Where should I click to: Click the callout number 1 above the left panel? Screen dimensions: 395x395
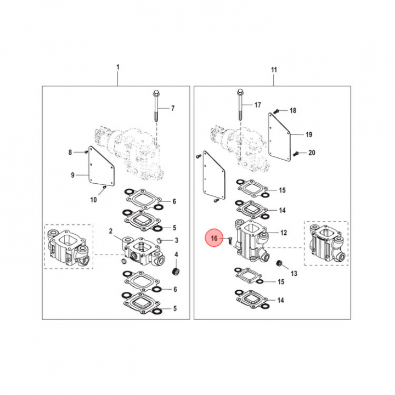(117, 67)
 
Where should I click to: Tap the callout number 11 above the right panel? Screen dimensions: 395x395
(274, 70)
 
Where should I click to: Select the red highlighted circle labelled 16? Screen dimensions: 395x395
(214, 238)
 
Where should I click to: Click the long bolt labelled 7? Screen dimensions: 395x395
(156, 106)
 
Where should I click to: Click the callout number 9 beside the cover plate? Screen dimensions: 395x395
(72, 175)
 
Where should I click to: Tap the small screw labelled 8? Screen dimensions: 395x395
(86, 152)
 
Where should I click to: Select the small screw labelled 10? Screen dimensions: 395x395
(105, 187)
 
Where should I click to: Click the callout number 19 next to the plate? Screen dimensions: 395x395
(309, 135)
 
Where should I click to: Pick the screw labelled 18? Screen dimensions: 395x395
(276, 111)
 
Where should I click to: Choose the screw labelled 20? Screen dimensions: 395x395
(296, 153)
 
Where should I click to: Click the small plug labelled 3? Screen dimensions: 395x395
(159, 240)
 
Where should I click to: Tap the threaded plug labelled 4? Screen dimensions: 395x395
(176, 272)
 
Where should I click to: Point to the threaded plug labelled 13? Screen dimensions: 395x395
(279, 263)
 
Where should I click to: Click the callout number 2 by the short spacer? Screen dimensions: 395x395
(111, 231)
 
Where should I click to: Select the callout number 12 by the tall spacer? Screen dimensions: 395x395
(284, 233)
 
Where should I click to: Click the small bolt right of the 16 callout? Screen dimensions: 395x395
(230, 241)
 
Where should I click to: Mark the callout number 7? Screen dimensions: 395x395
(173, 108)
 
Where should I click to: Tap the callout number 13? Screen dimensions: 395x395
(294, 274)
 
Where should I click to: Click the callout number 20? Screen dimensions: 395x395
(312, 153)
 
